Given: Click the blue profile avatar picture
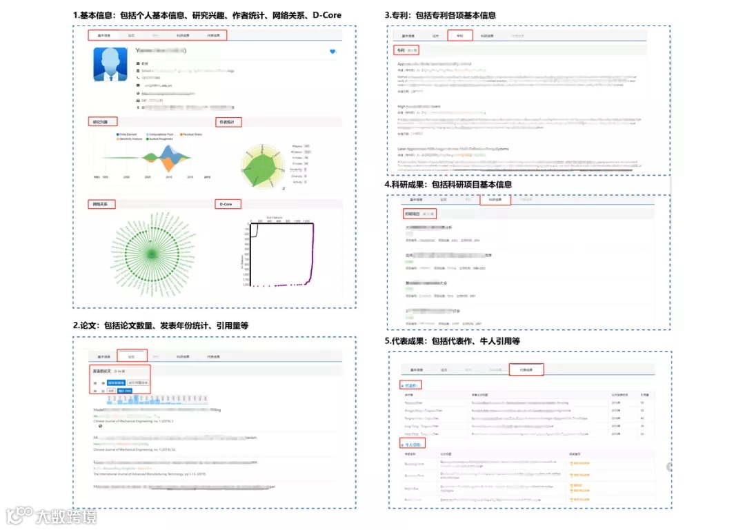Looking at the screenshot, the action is click(x=110, y=65).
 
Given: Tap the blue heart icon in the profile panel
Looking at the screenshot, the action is click(x=332, y=52).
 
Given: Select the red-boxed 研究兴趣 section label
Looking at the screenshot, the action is click(x=101, y=121).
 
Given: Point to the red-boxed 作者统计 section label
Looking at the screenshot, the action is click(x=229, y=122).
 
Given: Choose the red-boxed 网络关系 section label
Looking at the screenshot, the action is click(x=102, y=204).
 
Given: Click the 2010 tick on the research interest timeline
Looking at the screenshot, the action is click(x=168, y=177).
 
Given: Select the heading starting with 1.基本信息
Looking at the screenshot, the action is click(x=208, y=15).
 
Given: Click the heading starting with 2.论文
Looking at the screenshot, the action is click(x=161, y=325).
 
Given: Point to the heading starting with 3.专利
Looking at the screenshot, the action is click(x=439, y=15).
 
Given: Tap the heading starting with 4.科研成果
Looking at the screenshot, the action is click(x=448, y=185).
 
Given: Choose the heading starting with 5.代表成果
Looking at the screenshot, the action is click(x=452, y=341).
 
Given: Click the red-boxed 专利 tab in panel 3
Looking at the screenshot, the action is click(x=459, y=35).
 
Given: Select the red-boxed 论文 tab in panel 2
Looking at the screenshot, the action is click(x=131, y=356).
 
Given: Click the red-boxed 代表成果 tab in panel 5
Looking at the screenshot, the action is click(x=527, y=369).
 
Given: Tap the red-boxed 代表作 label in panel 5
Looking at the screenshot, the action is click(x=412, y=385).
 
